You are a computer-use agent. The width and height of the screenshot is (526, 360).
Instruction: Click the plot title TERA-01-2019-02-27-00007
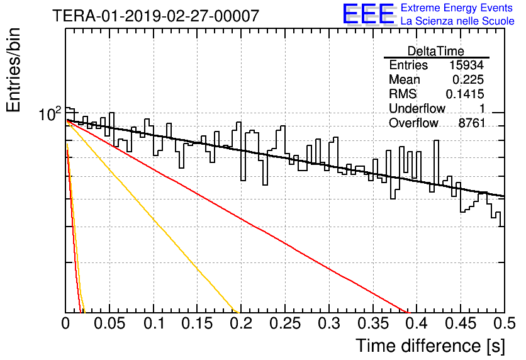(156, 16)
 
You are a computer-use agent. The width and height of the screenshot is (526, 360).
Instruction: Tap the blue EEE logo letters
(368, 14)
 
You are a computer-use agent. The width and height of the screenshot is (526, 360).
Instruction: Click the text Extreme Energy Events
(457, 8)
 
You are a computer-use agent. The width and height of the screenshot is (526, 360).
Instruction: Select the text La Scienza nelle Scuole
(457, 21)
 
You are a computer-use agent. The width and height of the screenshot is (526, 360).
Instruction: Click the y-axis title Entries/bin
(13, 70)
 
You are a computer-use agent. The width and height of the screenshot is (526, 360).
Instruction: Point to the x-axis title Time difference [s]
(430, 346)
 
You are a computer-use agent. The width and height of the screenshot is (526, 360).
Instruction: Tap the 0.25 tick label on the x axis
(285, 323)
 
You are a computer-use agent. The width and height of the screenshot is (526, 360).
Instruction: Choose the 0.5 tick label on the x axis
(504, 323)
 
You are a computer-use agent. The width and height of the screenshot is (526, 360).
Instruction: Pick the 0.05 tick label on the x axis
(109, 323)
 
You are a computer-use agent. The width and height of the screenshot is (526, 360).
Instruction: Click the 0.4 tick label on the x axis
(417, 323)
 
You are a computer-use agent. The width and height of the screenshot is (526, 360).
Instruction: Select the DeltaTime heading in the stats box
(436, 51)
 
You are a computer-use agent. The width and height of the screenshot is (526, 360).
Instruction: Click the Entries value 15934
(467, 65)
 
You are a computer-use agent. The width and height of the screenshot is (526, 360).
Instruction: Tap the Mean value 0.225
(468, 79)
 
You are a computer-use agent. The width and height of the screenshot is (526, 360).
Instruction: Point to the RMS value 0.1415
(464, 94)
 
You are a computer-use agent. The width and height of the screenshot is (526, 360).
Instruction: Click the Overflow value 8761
(472, 123)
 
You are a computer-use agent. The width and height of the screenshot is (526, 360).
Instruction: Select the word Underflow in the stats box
(417, 108)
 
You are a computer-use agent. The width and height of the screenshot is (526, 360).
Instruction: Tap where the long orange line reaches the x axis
(239, 312)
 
